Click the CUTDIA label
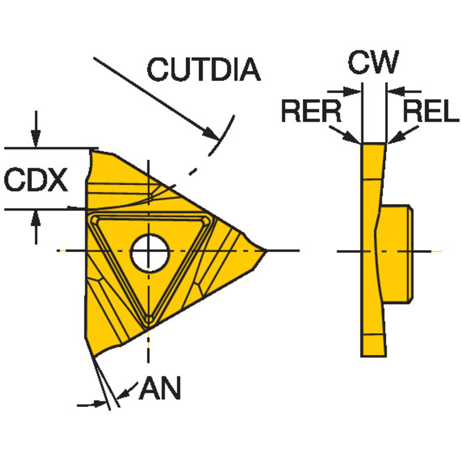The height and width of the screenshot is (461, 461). pos(204,69)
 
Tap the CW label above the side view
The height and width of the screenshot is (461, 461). pos(373,62)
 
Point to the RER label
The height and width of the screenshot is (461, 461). pos(311,111)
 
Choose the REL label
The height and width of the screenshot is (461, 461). pos(430,111)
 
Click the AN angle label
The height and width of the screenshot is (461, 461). pos(160,388)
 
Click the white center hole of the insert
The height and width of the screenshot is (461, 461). pos(149,253)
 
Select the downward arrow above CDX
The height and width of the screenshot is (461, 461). pos(36,137)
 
